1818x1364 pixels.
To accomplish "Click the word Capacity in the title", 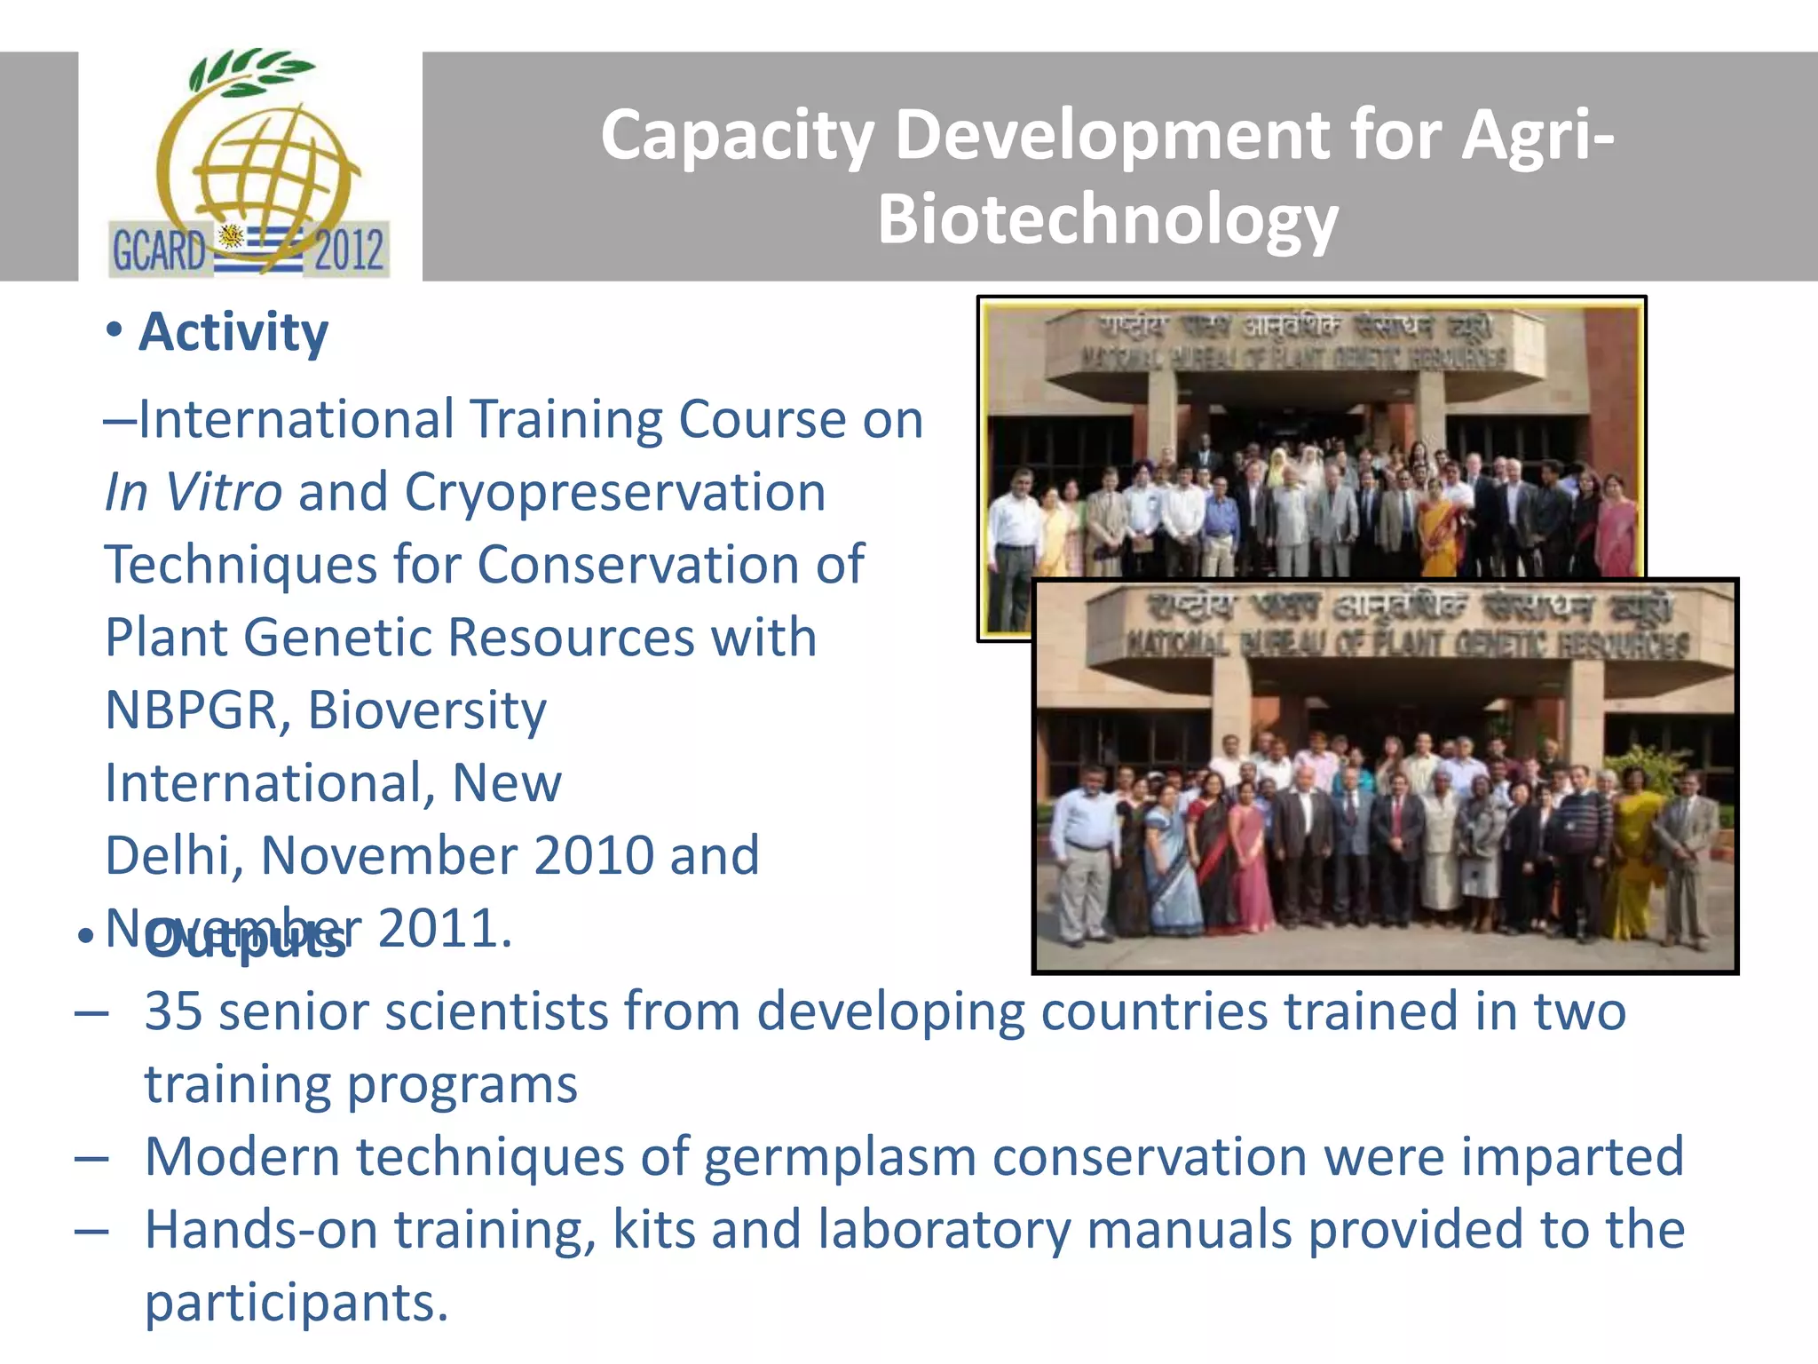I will point(737,136).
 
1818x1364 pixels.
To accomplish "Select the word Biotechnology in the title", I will point(1107,219).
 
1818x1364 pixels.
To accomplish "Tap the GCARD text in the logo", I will point(158,250).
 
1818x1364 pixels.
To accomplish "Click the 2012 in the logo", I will point(348,250).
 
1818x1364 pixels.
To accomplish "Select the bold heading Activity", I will point(233,332).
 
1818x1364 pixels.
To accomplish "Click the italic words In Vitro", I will point(193,492).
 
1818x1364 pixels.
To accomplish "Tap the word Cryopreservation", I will point(614,492).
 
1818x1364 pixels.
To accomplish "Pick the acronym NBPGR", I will point(191,710).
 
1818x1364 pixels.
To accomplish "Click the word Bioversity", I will point(427,710).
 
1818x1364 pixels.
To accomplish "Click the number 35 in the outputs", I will point(173,1011).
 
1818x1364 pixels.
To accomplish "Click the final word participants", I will point(296,1303).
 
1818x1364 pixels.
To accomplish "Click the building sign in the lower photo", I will point(1407,627).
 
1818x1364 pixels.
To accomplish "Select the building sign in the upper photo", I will point(1292,342).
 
